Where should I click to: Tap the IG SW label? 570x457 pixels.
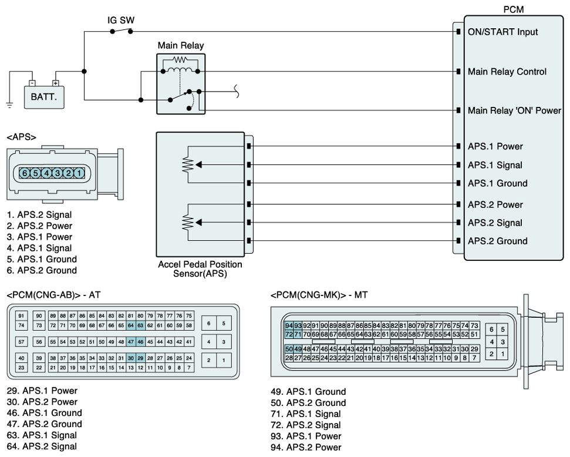coord(121,20)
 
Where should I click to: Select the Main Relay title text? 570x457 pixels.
coord(181,45)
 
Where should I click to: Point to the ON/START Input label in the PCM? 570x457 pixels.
coord(502,32)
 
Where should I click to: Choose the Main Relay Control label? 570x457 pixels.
coord(507,72)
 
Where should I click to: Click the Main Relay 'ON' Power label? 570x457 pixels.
coord(514,110)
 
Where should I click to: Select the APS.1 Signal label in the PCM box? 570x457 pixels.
coord(495,165)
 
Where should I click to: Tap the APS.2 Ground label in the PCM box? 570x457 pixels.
coord(497,241)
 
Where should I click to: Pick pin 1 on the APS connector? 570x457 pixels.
coord(79,173)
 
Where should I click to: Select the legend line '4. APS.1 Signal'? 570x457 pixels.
coord(39,248)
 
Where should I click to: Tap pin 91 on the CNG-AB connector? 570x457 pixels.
coord(21,315)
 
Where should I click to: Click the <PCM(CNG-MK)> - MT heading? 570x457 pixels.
coord(319,295)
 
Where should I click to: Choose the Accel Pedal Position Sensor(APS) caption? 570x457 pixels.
coord(200,269)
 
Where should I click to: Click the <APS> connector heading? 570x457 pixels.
coord(21,137)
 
